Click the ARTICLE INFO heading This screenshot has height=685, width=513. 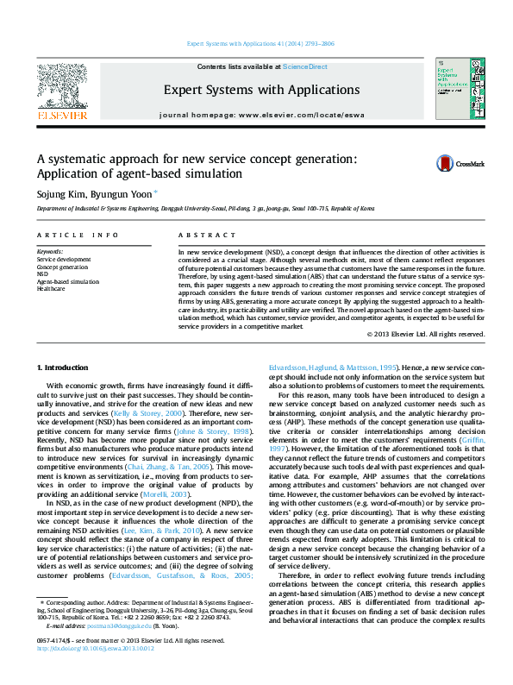(x=78, y=235)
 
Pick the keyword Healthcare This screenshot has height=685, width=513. (x=51, y=289)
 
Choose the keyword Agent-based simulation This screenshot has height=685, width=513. (x=67, y=281)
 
